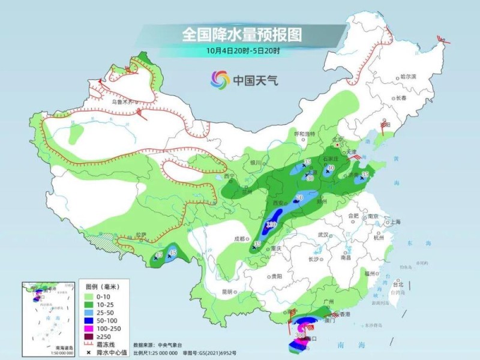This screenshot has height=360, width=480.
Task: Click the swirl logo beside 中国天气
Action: (x=220, y=79)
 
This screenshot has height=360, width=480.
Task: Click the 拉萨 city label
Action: (x=140, y=235)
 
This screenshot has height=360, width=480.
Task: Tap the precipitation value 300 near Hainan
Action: (x=308, y=334)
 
